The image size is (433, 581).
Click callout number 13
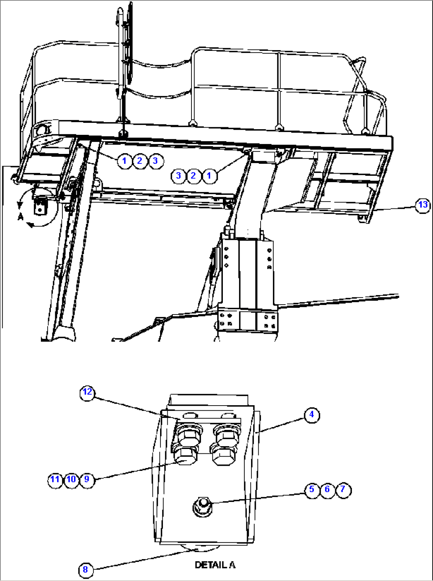click(423, 205)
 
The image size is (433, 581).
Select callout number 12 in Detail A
click(87, 392)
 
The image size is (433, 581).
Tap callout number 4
click(311, 415)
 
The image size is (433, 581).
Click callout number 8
click(85, 570)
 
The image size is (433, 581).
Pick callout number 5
click(312, 489)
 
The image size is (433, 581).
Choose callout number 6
click(327, 489)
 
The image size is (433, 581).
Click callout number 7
click(343, 489)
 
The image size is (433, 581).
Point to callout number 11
click(55, 479)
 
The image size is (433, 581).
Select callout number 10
click(71, 479)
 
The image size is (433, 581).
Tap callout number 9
click(87, 479)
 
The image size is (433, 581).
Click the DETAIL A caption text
click(215, 565)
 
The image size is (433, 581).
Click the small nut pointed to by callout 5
click(202, 506)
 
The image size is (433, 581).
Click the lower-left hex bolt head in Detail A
click(186, 455)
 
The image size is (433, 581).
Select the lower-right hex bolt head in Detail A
click(223, 455)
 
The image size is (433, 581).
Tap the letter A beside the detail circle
click(21, 217)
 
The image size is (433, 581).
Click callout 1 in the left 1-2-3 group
click(124, 161)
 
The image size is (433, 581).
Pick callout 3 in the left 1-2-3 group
click(155, 161)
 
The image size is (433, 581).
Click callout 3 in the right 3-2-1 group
click(178, 175)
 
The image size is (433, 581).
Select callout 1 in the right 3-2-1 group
click(209, 175)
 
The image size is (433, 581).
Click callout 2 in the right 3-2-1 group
click(194, 175)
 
